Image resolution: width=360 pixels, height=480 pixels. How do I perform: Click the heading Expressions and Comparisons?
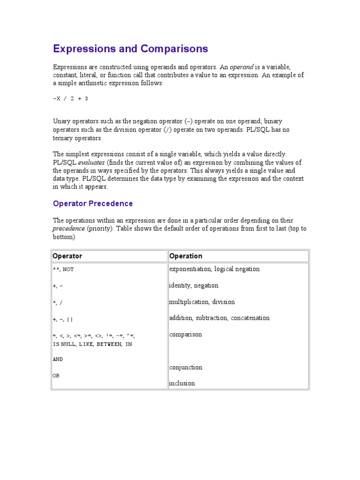click(x=130, y=49)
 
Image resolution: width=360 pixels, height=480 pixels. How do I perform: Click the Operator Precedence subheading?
click(x=93, y=203)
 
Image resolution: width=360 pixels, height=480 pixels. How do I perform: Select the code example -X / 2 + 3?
click(x=70, y=98)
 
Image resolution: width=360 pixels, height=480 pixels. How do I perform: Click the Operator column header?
click(x=67, y=256)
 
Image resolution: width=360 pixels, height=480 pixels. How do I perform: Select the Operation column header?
click(x=186, y=256)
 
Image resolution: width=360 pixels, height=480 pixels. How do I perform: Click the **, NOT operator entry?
click(x=63, y=270)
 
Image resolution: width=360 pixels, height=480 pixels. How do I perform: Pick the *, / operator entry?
click(x=58, y=303)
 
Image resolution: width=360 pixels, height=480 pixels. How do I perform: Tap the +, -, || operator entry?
click(x=63, y=319)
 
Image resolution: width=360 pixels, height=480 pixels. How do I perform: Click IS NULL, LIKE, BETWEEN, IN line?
click(x=92, y=344)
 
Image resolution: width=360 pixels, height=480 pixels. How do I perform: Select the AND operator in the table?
click(x=58, y=360)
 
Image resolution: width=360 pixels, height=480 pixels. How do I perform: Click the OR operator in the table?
click(x=56, y=375)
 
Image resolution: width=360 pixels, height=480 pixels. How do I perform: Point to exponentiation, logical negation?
click(x=214, y=269)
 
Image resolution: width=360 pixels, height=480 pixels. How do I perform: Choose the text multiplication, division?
click(x=202, y=302)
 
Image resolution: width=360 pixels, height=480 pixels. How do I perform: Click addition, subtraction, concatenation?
click(x=219, y=318)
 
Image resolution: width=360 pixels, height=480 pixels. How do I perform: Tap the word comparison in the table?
click(x=186, y=335)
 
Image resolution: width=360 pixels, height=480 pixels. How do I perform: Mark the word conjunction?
click(x=186, y=367)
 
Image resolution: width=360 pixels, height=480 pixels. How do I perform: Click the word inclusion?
click(x=182, y=383)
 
